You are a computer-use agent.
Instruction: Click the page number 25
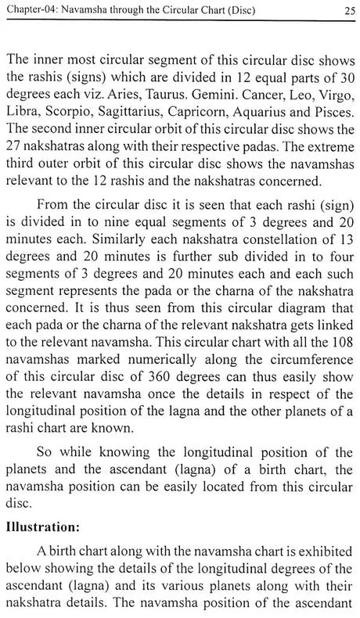[344, 10]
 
